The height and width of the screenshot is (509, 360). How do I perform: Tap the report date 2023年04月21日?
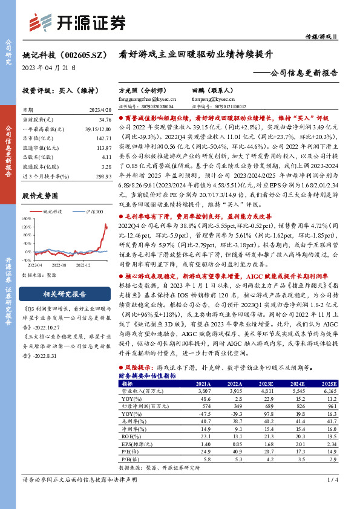tap(48, 67)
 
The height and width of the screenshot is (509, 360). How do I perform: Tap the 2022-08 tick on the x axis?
tap(58, 265)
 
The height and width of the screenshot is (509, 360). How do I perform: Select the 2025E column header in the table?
tap(329, 383)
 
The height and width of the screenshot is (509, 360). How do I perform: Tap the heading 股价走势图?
tap(40, 195)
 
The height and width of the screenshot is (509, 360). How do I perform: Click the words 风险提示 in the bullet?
tap(138, 368)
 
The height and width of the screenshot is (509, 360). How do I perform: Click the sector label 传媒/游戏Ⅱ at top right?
tap(328, 37)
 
